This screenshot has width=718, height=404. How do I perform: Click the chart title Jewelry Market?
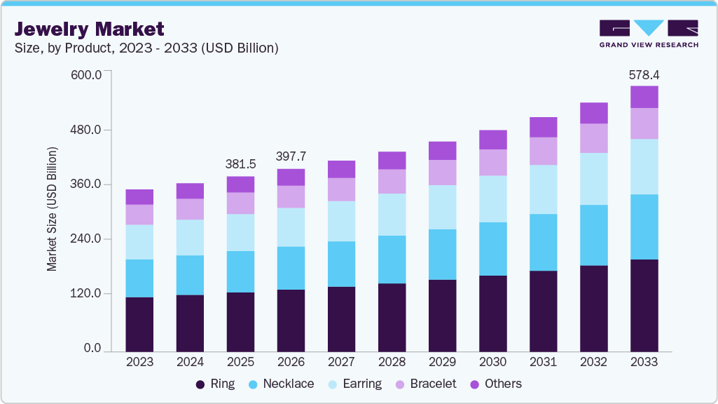coord(89,29)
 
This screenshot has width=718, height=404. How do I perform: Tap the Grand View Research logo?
coord(648,33)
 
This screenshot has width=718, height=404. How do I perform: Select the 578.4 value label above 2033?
coord(644,74)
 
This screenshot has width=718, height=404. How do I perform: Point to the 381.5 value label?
coord(240,164)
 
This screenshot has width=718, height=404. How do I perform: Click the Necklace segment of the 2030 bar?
coord(492,249)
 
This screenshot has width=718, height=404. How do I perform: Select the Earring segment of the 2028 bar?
coord(392,215)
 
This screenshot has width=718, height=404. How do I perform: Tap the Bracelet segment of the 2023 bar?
coord(139,215)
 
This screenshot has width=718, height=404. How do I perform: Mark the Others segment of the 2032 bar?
coord(593,113)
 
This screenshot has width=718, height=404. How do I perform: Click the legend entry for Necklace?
coord(282,384)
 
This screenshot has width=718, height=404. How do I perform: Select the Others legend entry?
coord(496,384)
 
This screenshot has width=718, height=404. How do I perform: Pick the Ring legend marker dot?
coord(200,384)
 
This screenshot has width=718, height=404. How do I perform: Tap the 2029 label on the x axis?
coord(442,362)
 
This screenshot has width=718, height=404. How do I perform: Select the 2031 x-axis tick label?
coord(543,362)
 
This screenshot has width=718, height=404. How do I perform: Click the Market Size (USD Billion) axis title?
coord(52,209)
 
